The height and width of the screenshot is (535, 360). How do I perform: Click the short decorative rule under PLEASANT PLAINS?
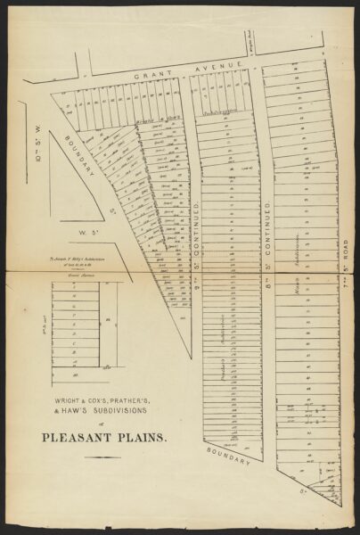(x=102, y=457)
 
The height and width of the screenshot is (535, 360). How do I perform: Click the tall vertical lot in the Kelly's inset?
(x=107, y=321)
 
